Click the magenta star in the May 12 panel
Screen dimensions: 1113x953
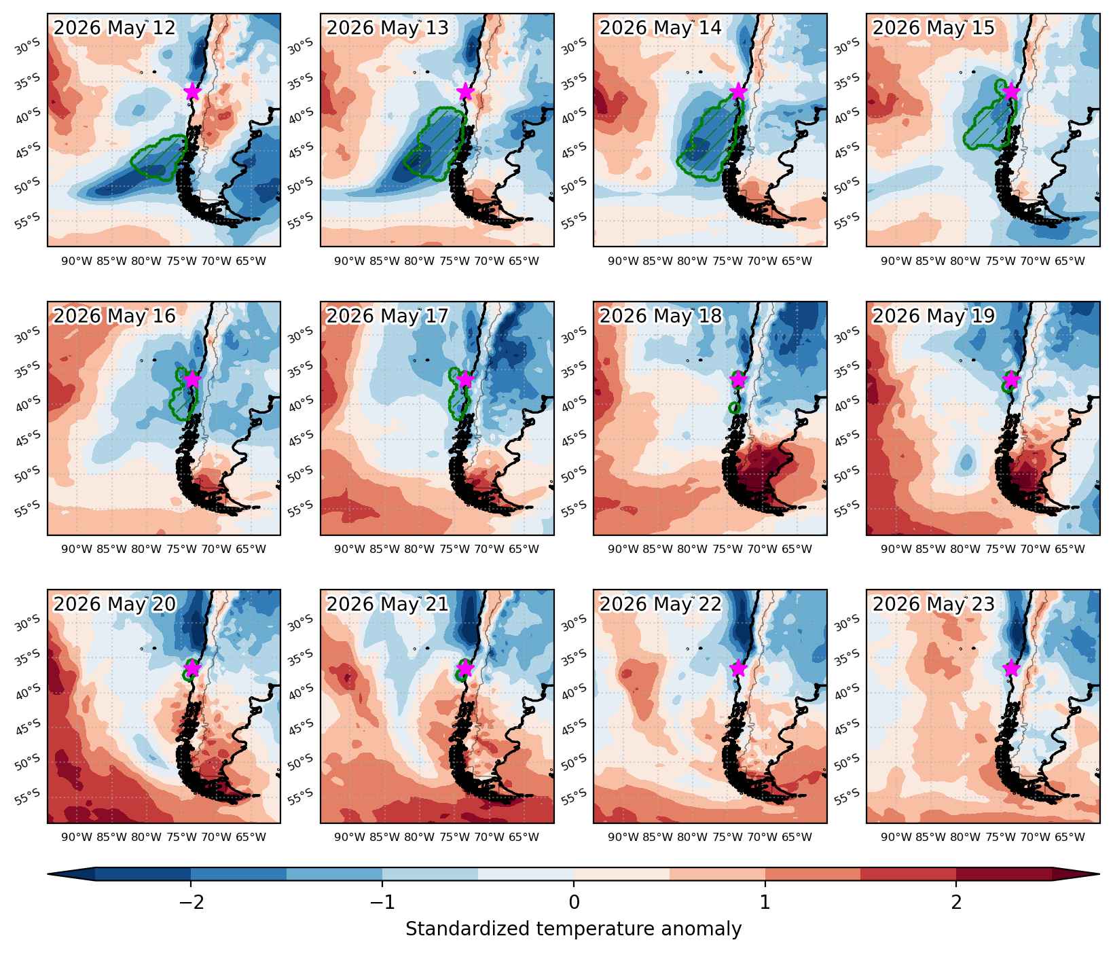click(x=192, y=91)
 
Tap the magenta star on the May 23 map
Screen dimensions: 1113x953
click(x=1012, y=668)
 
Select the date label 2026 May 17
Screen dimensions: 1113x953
click(x=387, y=316)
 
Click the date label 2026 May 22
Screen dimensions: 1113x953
click(x=660, y=604)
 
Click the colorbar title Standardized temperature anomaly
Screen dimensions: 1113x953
click(x=574, y=929)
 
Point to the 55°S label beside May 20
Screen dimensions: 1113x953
click(x=29, y=794)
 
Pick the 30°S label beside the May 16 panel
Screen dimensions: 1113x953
click(x=29, y=334)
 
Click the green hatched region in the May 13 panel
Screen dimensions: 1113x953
click(x=435, y=144)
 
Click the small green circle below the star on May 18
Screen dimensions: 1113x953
click(x=734, y=408)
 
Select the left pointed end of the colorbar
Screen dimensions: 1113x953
click(x=49, y=874)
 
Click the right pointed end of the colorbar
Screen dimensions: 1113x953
click(x=1098, y=874)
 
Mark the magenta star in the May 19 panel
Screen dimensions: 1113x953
click(x=1012, y=379)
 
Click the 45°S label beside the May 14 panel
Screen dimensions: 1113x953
click(x=574, y=149)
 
